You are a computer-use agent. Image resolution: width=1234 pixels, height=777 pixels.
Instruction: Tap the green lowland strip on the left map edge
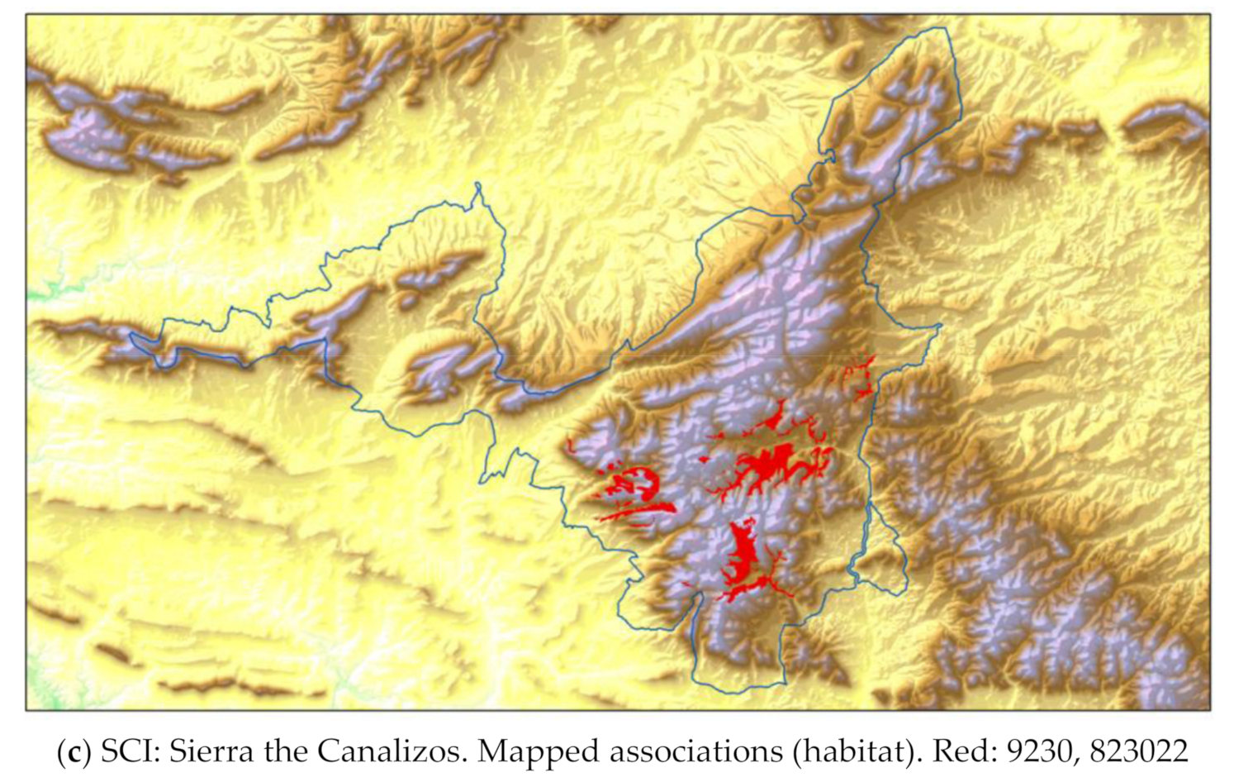41,292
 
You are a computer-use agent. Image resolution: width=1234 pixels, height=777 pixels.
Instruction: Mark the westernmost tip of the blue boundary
130,336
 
